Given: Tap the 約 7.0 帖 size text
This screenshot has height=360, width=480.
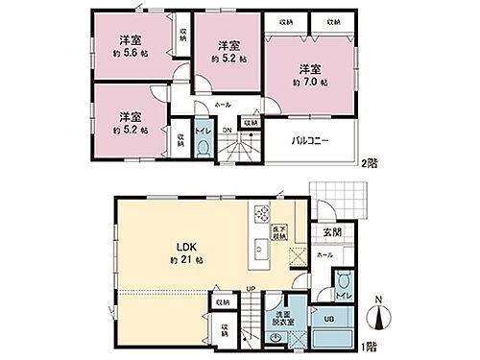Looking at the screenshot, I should pos(306,84).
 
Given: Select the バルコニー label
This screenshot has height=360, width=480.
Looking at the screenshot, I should pos(311,140).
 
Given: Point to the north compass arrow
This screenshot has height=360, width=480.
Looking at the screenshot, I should pos(378,314).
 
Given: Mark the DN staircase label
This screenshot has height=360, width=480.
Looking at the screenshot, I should pos(227,131).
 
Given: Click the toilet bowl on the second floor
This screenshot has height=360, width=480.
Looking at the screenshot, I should pos(203,147).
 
